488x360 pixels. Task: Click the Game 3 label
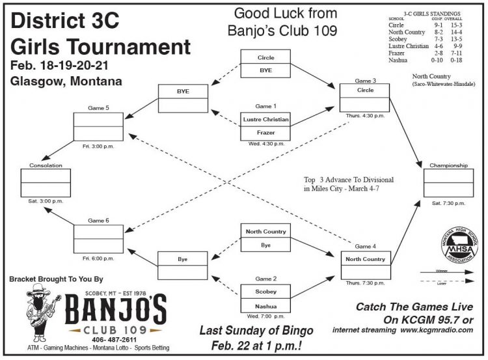pos(364,81)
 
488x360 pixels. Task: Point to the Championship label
pos(449,165)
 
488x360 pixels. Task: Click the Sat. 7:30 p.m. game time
pos(449,203)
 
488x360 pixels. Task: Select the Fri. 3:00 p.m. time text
pos(98,146)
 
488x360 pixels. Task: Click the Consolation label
pos(46,165)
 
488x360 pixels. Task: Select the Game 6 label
pos(98,220)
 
